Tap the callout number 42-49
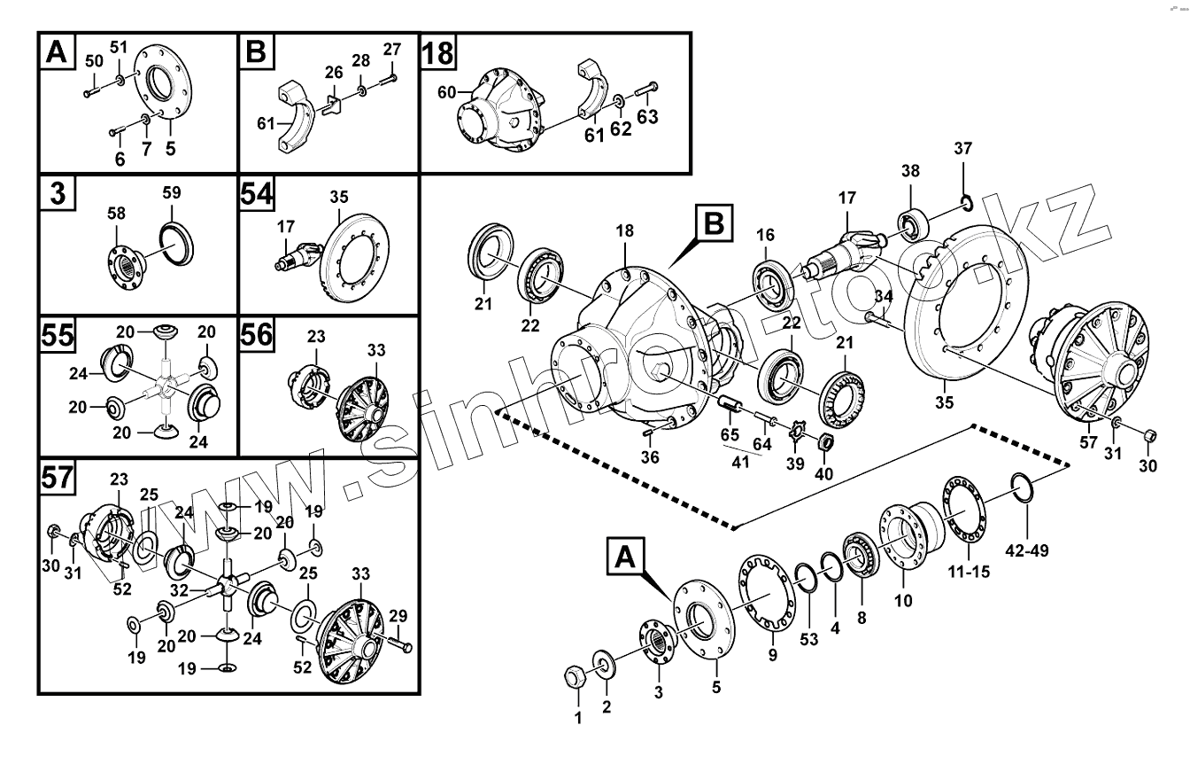click(1028, 550)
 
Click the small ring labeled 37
click(966, 206)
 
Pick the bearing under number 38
click(911, 221)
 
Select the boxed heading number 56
click(258, 337)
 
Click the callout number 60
click(446, 91)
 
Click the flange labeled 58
click(124, 263)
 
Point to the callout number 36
click(650, 456)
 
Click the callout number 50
click(94, 60)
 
